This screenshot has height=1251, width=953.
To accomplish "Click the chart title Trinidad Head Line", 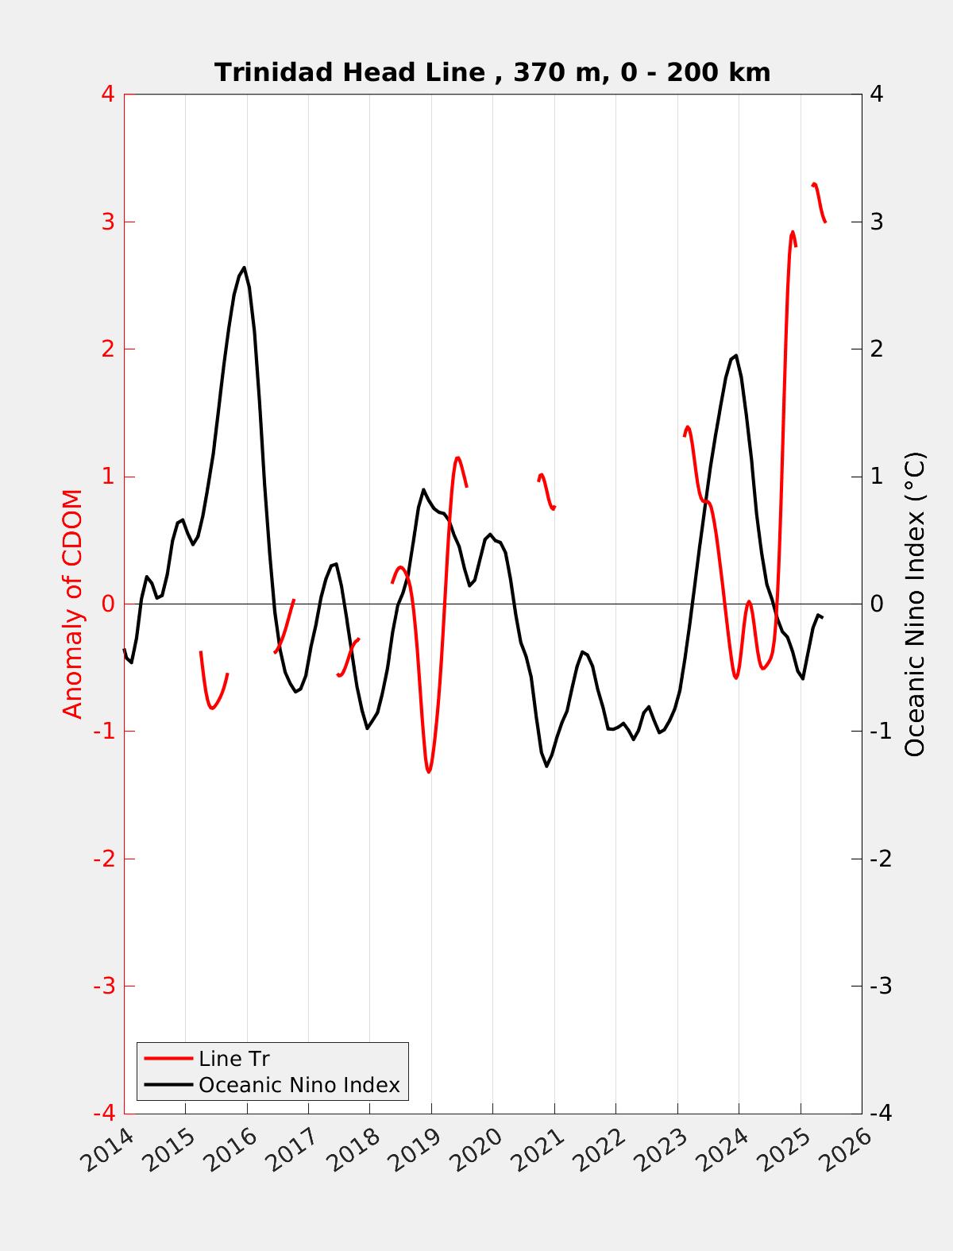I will [492, 72].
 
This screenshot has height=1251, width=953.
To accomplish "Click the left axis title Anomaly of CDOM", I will [73, 604].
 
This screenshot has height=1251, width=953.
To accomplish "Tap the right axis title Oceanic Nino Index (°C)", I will [915, 604].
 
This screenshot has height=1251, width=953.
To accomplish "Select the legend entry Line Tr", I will [234, 1059].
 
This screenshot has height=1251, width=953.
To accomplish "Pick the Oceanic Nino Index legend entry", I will [299, 1084].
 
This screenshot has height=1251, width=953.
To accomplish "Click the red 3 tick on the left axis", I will [107, 222].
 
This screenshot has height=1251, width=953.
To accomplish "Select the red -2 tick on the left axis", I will [103, 859].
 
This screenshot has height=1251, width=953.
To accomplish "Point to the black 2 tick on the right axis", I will [877, 349].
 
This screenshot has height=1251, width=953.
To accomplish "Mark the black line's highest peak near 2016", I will [244, 268].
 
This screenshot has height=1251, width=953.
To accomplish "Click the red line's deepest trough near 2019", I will [429, 771].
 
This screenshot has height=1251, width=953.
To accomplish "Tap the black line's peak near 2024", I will [736, 356].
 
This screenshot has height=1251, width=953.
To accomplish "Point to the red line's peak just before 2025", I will [792, 233].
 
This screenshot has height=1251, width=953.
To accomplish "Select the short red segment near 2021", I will [546, 491].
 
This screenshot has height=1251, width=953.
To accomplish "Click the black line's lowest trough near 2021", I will [547, 766].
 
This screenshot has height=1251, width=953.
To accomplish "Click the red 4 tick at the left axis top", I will [107, 94].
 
